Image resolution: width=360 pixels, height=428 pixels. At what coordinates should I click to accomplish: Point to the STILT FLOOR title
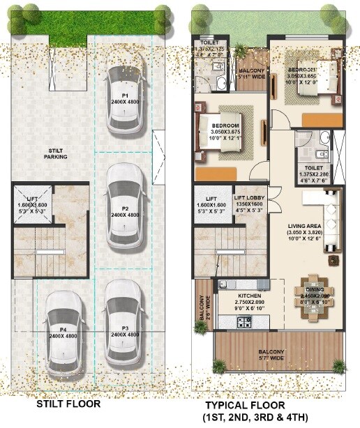(x=68, y=404)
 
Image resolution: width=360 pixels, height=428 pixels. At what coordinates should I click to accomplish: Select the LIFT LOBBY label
(x=248, y=202)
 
